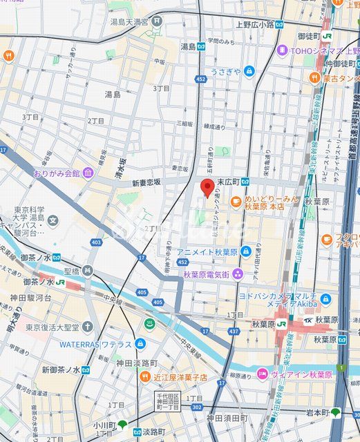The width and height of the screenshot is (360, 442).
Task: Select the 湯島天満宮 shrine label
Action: [131, 21]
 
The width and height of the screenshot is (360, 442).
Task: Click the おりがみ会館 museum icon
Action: [88, 173]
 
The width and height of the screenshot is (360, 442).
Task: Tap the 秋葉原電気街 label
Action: [207, 273]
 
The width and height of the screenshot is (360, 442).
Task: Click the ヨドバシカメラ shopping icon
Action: [325, 299]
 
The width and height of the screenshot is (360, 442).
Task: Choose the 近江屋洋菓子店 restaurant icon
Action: [145, 376]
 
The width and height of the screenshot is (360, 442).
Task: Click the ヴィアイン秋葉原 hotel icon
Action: [262, 374]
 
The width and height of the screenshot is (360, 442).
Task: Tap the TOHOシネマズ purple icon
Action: [283, 50]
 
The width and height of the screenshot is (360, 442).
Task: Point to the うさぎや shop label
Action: [226, 72]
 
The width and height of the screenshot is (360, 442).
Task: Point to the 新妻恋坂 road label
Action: [142, 182]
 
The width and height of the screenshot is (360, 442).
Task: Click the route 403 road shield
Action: [96, 242]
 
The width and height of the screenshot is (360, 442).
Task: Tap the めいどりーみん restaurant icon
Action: [236, 202]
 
